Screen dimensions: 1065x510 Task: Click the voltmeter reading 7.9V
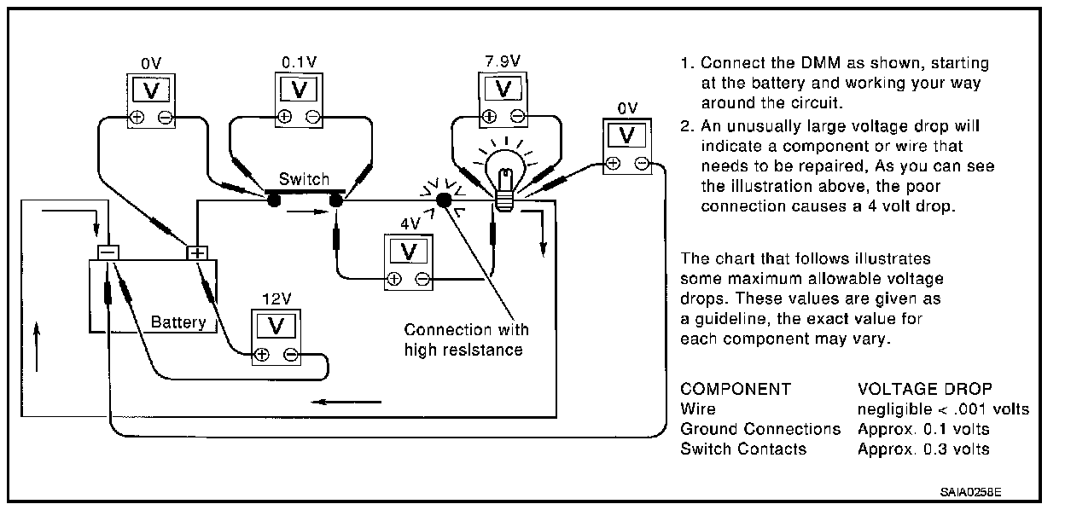click(x=503, y=100)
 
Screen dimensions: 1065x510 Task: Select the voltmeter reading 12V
click(x=276, y=338)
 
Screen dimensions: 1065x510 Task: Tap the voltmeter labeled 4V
click(x=409, y=263)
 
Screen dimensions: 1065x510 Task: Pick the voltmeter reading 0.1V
click(x=299, y=101)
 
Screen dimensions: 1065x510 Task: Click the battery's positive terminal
click(x=197, y=252)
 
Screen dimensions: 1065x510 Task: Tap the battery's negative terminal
click(x=108, y=252)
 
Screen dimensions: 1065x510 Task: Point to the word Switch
click(x=304, y=179)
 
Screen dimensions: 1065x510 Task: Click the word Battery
click(x=178, y=322)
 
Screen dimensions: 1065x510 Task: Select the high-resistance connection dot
click(x=444, y=200)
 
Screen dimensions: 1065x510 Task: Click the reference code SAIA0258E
click(x=970, y=492)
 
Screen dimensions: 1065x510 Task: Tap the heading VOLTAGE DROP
click(x=925, y=389)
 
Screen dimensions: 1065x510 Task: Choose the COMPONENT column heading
click(x=736, y=389)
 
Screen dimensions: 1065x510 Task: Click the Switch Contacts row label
click(x=743, y=449)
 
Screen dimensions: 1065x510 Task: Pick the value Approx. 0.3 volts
click(x=923, y=449)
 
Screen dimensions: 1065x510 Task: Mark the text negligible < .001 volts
click(x=943, y=409)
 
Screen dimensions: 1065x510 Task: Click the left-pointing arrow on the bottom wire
click(x=346, y=402)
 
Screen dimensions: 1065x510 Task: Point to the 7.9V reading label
click(x=503, y=61)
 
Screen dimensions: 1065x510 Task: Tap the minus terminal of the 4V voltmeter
click(x=422, y=279)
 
